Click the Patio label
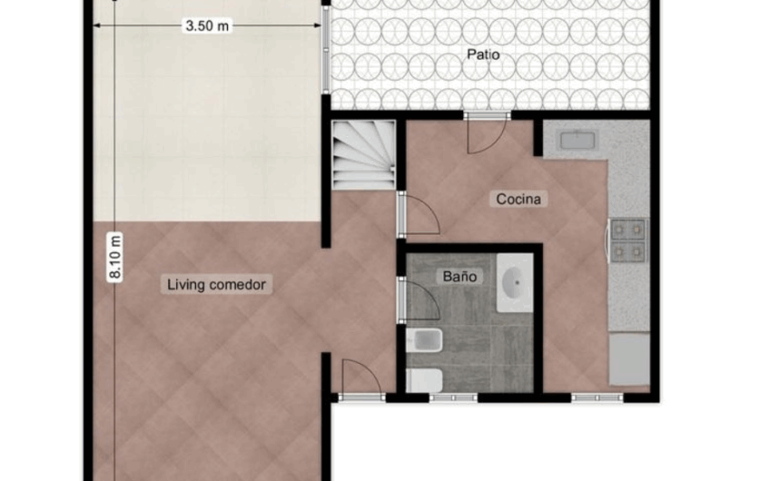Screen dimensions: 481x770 pos(484,54)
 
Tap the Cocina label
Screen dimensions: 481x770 pos(520,199)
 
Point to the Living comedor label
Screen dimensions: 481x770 pos(217,284)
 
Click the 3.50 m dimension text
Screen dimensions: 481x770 pos(208,26)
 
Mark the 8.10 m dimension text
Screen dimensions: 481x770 pos(115,258)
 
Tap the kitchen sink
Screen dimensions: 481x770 pos(576,140)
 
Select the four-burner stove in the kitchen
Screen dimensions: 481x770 pos(627,240)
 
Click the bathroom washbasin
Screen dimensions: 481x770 pos(515,282)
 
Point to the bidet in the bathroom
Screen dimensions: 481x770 pos(424,342)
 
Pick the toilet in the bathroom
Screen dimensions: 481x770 pos(424,379)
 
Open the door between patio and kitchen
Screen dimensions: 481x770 pos(485,133)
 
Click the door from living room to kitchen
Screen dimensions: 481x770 pos(418,214)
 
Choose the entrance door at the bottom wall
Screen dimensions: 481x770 pos(360,379)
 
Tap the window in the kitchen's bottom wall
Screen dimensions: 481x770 pos(597,397)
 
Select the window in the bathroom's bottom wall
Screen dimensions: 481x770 pos(453,397)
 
